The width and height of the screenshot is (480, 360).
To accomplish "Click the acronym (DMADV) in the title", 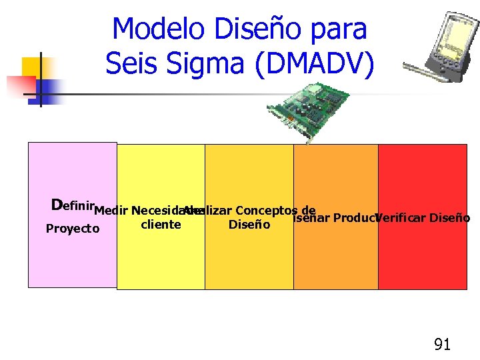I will [x=319, y=65].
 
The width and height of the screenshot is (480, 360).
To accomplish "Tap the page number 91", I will [x=442, y=344].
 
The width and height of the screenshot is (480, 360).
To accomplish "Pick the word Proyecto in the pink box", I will [x=73, y=229].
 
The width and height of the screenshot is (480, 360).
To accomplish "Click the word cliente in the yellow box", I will [x=161, y=225].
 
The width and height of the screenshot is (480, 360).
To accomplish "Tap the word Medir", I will [x=111, y=212].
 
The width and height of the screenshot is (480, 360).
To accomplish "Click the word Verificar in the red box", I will [x=401, y=218].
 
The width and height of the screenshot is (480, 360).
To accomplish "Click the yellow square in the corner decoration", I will [x=32, y=67].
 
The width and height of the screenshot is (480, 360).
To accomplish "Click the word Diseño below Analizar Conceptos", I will [x=249, y=225].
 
